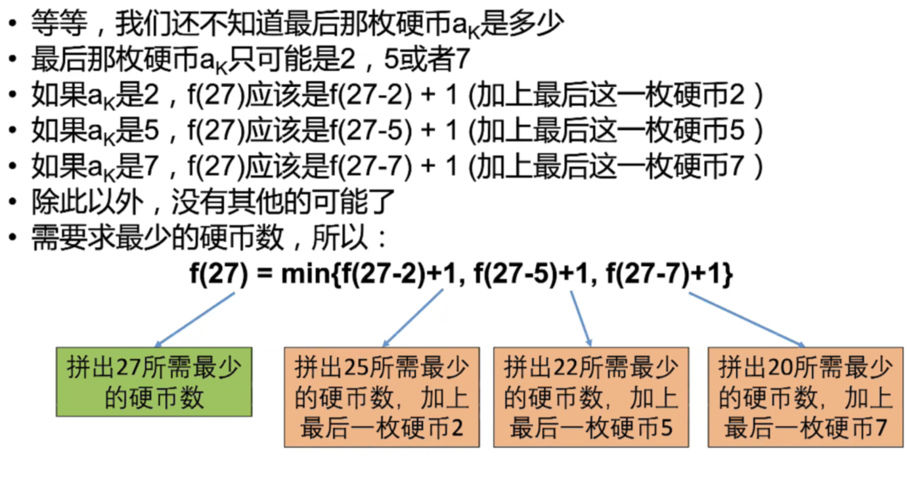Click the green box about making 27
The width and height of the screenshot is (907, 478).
pyautogui.click(x=154, y=382)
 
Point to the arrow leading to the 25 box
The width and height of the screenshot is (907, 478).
pyautogui.click(x=414, y=318)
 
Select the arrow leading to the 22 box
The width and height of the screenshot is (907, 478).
pyautogui.click(x=581, y=318)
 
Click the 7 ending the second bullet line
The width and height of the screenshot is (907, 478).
pyautogui.click(x=462, y=60)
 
